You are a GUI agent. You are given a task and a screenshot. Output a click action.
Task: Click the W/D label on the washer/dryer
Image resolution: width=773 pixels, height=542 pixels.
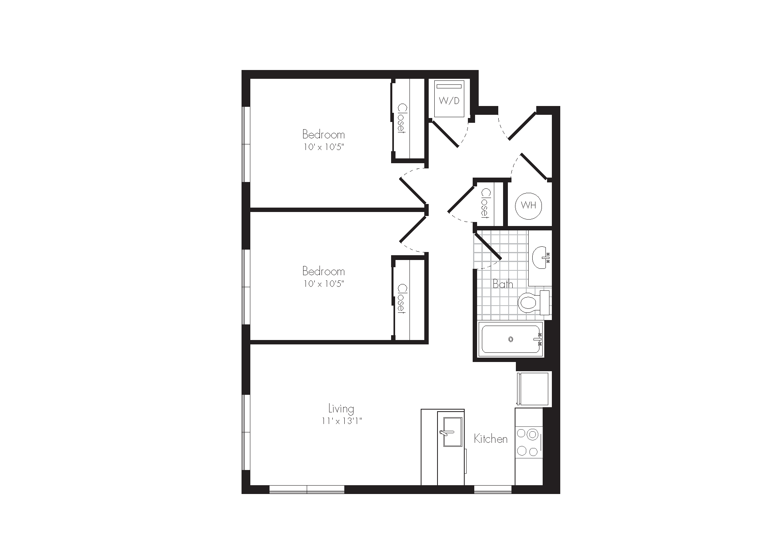tap(449, 100)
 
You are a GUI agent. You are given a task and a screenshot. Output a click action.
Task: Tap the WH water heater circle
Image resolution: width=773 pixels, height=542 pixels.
tap(528, 206)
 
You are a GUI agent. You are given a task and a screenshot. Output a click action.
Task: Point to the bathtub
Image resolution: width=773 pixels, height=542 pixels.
tap(511, 339)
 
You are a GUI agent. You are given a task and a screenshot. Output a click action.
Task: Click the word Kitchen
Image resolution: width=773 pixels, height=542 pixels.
tap(491, 439)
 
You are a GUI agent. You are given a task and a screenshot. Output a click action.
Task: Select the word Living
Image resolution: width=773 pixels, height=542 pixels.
tap(341, 409)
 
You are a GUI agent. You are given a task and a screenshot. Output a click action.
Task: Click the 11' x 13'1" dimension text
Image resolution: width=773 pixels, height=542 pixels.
tap(341, 421)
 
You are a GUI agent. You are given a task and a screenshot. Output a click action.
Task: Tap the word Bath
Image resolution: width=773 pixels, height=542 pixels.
tap(503, 284)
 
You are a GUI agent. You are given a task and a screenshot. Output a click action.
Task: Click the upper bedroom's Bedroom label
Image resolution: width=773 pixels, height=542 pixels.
tap(324, 134)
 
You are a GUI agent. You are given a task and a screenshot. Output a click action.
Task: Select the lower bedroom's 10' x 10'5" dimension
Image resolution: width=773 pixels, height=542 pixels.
tap(324, 284)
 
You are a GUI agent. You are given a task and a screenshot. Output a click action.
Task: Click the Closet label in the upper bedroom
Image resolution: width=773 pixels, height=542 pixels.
tap(402, 119)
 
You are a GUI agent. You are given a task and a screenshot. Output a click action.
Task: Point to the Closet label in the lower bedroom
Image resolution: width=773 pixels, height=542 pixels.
tap(402, 299)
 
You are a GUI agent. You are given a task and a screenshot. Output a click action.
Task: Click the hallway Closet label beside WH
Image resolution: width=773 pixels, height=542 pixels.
tap(485, 203)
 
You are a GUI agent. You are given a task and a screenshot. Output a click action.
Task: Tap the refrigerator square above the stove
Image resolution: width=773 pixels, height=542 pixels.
tap(534, 389)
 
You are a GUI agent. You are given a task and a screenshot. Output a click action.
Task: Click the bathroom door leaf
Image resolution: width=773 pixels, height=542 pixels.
tap(488, 245)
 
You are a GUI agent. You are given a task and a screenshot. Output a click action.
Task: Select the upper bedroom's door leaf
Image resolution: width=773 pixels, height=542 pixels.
tap(413, 191)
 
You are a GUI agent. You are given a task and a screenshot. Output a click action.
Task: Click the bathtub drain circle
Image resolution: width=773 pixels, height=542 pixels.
tap(511, 339)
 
